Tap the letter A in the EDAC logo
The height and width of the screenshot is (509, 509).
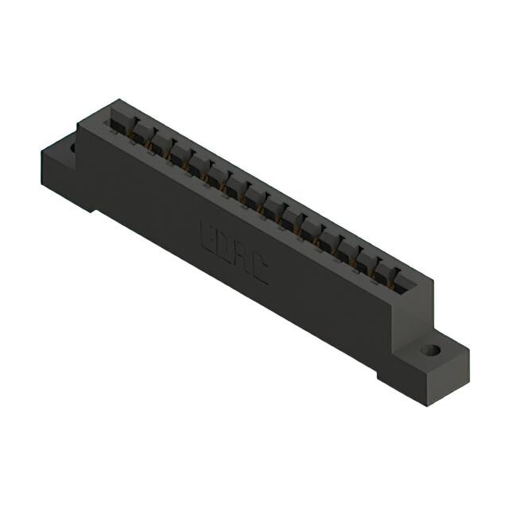[240, 260]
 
